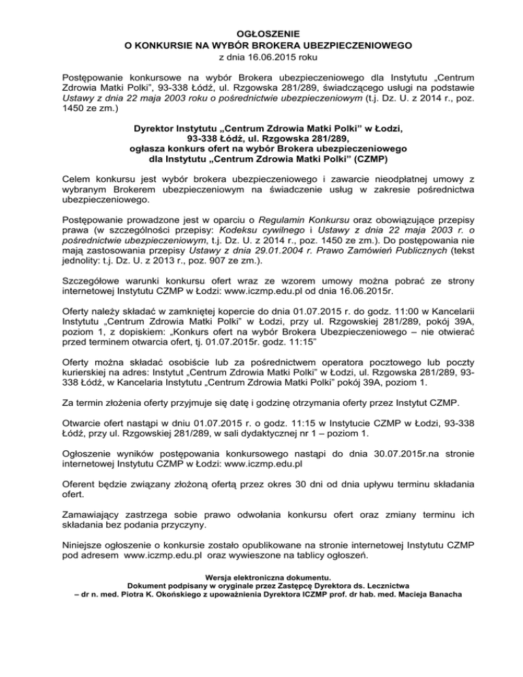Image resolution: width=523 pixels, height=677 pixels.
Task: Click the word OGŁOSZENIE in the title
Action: [261, 33]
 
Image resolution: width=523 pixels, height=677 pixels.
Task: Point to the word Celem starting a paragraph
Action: [78, 178]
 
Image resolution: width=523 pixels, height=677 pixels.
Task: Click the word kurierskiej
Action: [86, 373]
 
